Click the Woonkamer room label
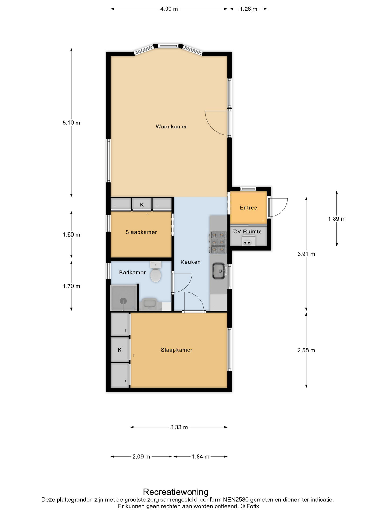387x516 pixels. click(171, 127)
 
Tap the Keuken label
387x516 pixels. click(191, 262)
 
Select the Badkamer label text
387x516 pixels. click(132, 273)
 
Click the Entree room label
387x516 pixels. click(249, 208)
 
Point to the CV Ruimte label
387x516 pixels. click(248, 231)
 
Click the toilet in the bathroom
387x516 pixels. click(156, 272)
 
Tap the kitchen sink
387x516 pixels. click(219, 271)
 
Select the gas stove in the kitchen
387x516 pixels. click(218, 242)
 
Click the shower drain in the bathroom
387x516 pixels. click(123, 301)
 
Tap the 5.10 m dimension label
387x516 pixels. click(71, 123)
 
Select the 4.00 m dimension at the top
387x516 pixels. click(169, 9)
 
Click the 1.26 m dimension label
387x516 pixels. click(249, 9)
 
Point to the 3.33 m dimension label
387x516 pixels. click(179, 427)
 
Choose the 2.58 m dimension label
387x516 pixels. click(306, 350)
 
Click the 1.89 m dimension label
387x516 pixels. click(337, 219)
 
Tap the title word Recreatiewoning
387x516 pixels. click(176, 492)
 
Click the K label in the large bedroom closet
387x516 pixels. click(120, 350)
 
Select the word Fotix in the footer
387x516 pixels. click(253, 506)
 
